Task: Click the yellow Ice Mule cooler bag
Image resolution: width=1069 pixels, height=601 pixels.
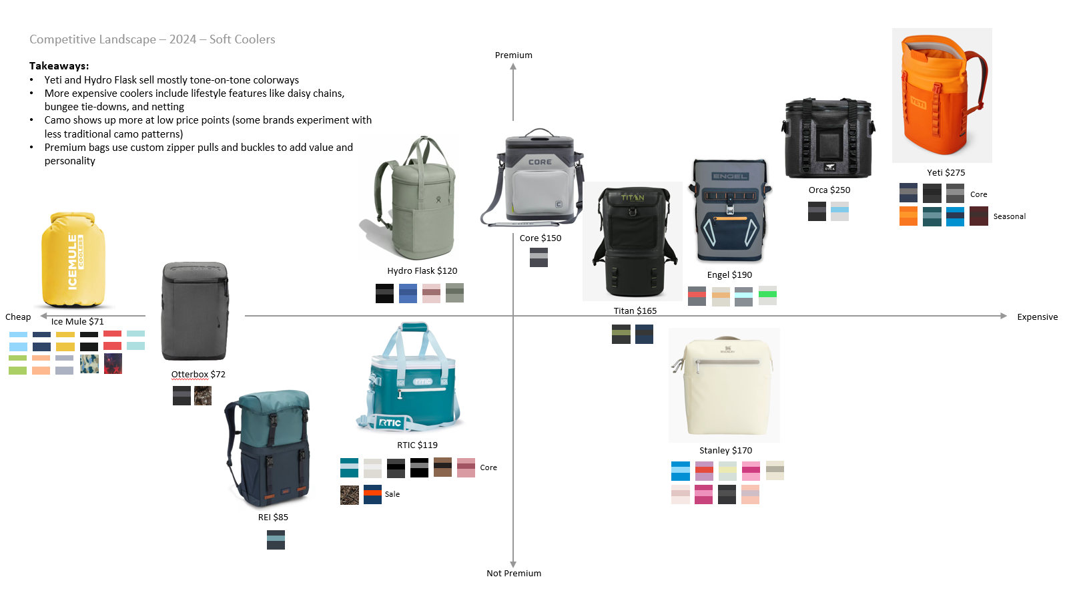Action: tap(73, 260)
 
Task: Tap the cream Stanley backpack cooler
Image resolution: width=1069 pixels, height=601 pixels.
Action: tap(725, 386)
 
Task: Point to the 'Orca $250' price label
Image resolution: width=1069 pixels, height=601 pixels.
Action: tap(829, 190)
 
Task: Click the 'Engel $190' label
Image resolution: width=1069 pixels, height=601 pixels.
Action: tap(729, 275)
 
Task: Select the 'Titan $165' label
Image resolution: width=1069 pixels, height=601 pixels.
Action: tap(635, 311)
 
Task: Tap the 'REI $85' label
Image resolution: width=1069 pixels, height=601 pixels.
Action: tap(273, 518)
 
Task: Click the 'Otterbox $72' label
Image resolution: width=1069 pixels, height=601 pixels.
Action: tap(198, 375)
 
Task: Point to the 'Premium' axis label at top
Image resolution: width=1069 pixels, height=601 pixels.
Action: tap(514, 55)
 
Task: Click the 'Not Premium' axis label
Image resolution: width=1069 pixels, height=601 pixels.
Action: tap(514, 574)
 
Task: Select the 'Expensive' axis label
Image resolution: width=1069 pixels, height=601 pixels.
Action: tap(1037, 317)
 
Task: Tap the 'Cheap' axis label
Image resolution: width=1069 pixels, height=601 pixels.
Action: tap(18, 317)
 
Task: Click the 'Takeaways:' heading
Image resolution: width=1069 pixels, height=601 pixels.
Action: tap(59, 66)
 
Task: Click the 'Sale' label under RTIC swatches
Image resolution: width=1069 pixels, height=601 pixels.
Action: tap(392, 495)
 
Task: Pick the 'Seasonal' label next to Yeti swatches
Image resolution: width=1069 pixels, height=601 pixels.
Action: tap(1009, 217)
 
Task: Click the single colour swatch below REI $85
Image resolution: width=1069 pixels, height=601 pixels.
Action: tap(276, 540)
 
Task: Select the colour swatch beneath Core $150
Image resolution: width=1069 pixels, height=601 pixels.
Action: tap(539, 258)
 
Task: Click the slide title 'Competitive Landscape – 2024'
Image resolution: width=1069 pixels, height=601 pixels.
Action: tap(152, 39)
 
